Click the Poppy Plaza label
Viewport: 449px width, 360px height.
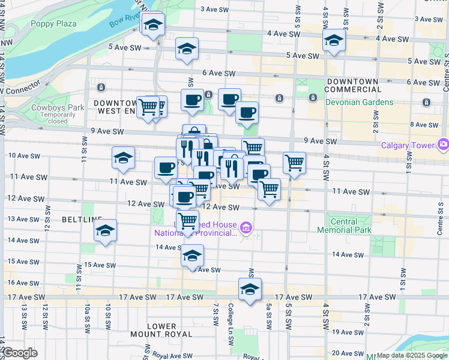tap(54, 23)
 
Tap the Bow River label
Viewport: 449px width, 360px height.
tap(124, 20)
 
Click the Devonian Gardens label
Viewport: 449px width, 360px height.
tap(360, 102)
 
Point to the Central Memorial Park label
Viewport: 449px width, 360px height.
tap(352, 226)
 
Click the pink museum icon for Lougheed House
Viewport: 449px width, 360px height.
tap(246, 228)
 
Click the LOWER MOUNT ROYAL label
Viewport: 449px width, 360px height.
tap(161, 330)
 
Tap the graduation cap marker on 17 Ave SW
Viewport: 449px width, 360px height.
tap(250, 289)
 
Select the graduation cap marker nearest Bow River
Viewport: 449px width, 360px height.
tap(153, 25)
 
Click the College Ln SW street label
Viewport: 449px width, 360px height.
tap(231, 324)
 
